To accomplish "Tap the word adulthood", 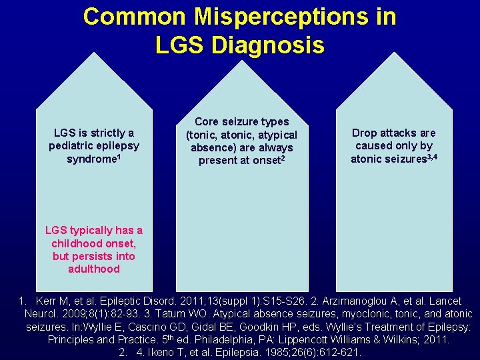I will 93,269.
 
